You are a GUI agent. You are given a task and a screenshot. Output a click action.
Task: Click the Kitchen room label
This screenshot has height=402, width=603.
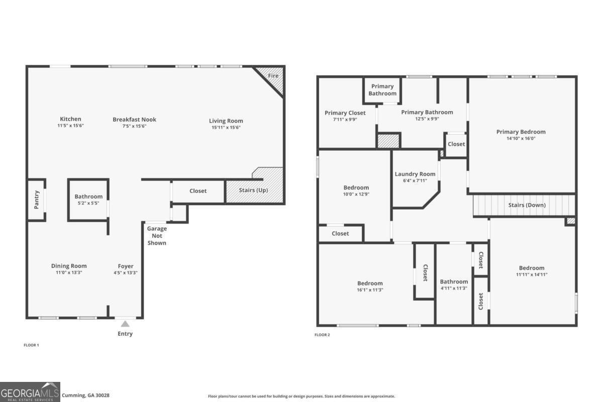pyautogui.click(x=70, y=119)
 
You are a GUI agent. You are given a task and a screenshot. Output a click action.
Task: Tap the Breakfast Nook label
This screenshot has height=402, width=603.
pyautogui.click(x=134, y=120)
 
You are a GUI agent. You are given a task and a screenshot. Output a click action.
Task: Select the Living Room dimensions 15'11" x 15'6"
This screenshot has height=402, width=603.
pyautogui.click(x=226, y=128)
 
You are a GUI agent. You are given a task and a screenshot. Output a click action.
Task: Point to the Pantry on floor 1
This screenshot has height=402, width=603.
pyautogui.click(x=36, y=200)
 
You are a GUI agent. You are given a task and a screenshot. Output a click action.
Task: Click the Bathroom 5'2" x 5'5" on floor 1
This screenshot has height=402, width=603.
pyautogui.click(x=88, y=199)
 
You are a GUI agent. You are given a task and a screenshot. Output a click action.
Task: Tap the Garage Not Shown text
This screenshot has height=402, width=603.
pyautogui.click(x=157, y=236)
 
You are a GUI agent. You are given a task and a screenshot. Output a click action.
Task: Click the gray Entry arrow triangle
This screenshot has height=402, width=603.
pyautogui.click(x=125, y=324)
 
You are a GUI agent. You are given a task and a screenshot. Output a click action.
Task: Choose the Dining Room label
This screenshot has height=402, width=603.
pyautogui.click(x=69, y=266)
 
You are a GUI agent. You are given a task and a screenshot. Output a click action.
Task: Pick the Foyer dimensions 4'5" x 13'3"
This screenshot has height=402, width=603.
pyautogui.click(x=126, y=273)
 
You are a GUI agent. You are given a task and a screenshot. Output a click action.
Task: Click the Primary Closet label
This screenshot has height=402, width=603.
pyautogui.click(x=345, y=113)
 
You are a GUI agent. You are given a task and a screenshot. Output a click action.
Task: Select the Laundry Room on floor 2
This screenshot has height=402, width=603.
pyautogui.click(x=415, y=177)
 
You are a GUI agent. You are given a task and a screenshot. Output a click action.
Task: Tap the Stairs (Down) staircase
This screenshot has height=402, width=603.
pyautogui.click(x=524, y=205)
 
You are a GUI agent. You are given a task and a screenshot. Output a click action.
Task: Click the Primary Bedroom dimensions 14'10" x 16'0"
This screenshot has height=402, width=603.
pyautogui.click(x=521, y=138)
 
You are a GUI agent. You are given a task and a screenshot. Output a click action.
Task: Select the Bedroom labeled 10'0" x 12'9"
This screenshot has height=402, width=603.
pyautogui.click(x=356, y=190)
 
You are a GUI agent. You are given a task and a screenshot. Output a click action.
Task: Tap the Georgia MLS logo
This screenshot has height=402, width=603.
pyautogui.click(x=30, y=392)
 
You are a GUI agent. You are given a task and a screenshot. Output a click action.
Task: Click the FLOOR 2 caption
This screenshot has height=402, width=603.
pyautogui.click(x=322, y=335)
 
